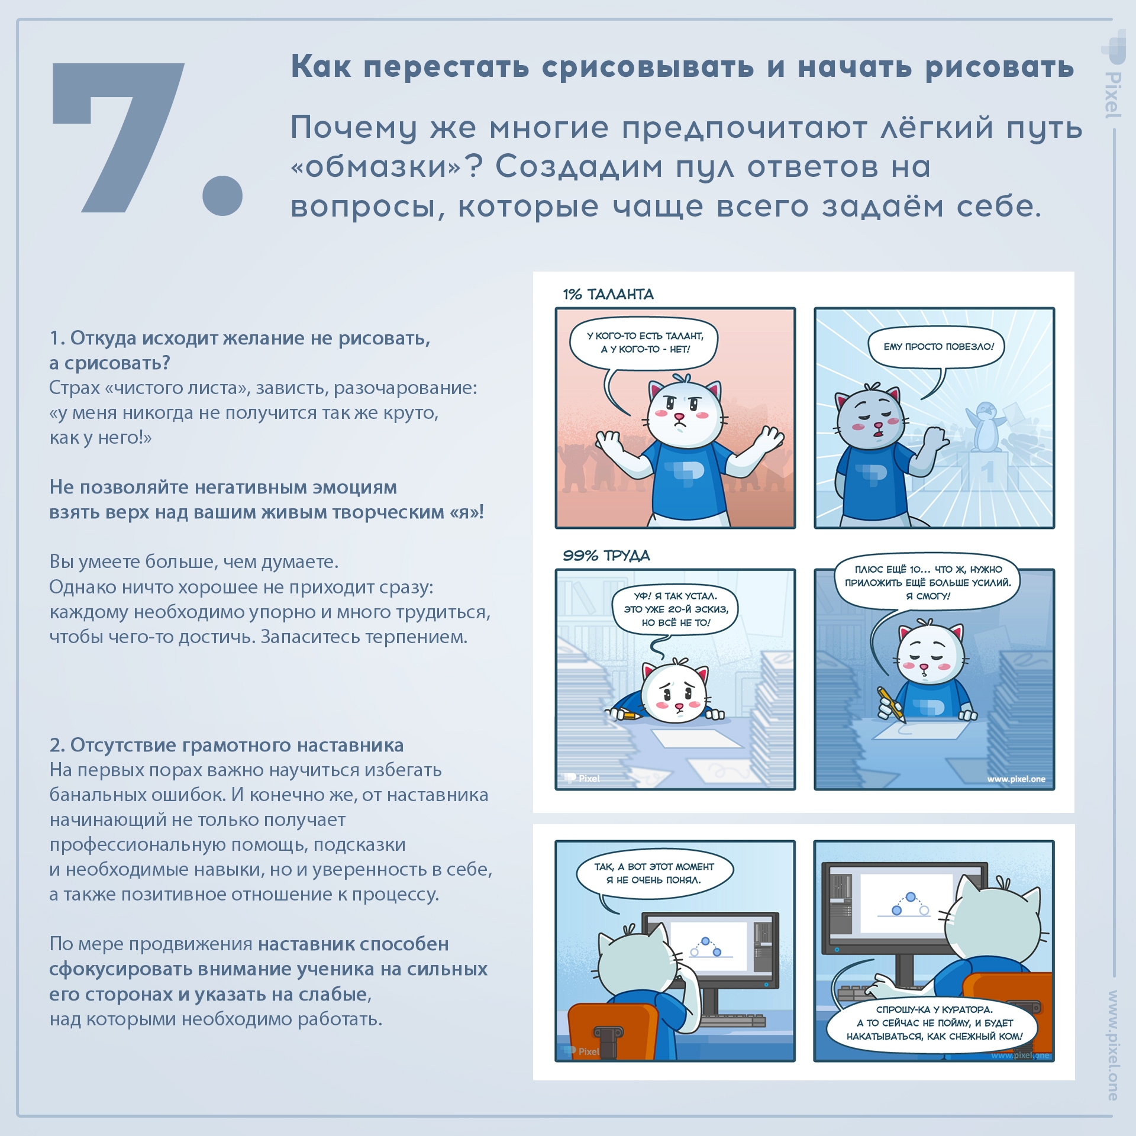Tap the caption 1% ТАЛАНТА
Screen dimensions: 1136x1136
click(608, 294)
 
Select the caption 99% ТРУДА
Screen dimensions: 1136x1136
click(606, 556)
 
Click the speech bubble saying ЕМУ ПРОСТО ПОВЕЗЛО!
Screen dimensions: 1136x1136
click(938, 347)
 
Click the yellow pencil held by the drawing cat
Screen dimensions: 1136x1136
click(891, 704)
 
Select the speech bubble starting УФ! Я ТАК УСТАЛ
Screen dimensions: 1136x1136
click(676, 609)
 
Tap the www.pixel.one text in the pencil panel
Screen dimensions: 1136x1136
click(1015, 779)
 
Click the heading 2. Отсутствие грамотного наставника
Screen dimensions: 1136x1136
click(226, 745)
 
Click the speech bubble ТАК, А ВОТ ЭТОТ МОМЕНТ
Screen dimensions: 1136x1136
click(654, 873)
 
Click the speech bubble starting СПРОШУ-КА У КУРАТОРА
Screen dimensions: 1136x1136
click(933, 1023)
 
